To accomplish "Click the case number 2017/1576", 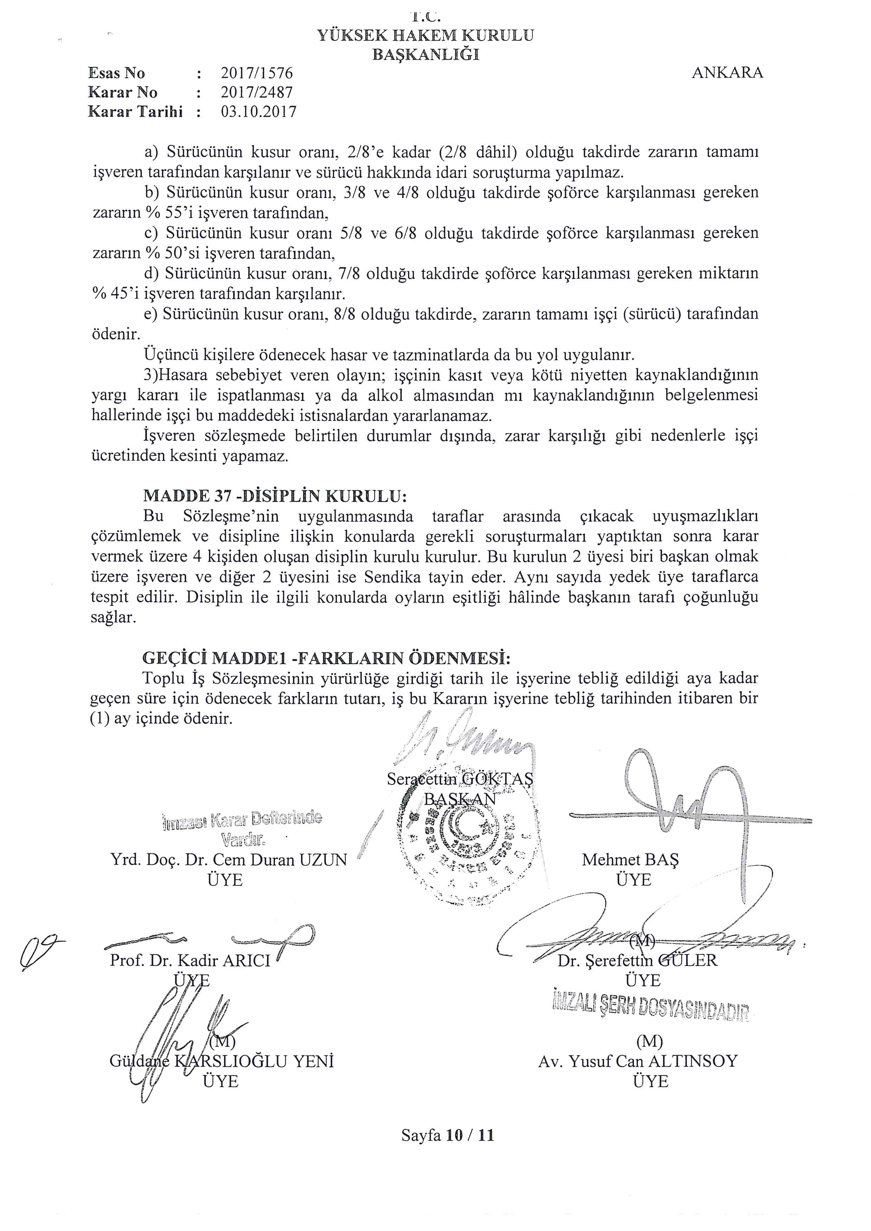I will click(257, 73).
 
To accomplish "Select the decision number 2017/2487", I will click(257, 92).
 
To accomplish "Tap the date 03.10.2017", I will click(258, 112).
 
